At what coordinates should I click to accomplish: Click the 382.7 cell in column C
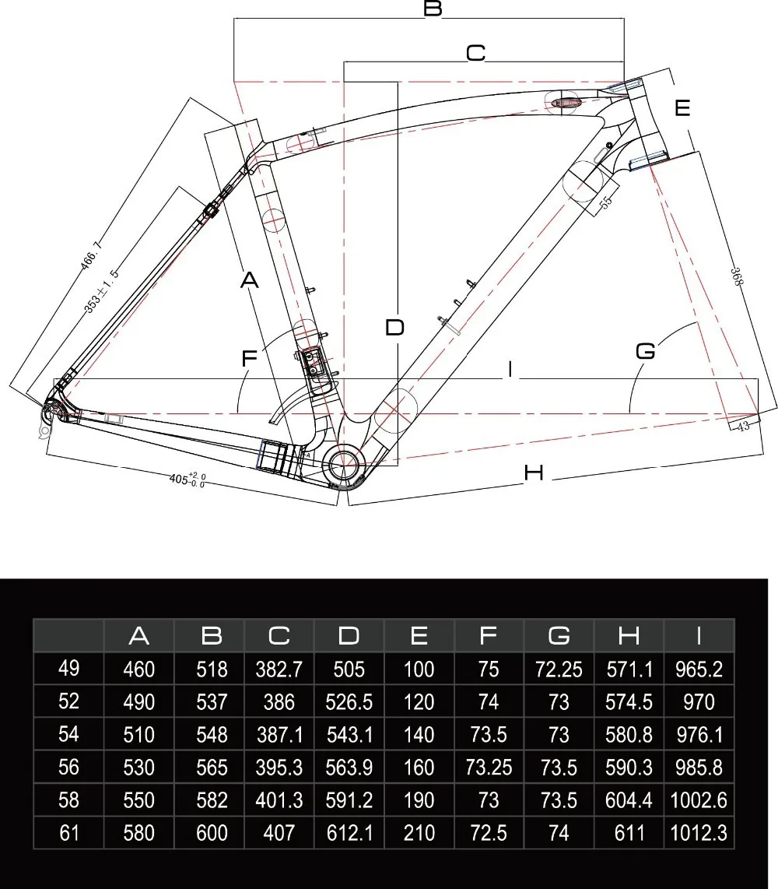[279, 669]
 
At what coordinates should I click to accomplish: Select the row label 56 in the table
[68, 768]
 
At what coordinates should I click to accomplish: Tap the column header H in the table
[629, 636]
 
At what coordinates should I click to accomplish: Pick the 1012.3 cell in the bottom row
[699, 834]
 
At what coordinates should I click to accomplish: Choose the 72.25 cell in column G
[559, 669]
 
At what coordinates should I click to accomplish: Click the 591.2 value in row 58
[349, 801]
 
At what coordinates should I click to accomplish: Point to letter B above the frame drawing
[433, 9]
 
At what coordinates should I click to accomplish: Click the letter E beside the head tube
[682, 108]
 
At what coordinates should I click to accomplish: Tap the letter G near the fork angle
[646, 351]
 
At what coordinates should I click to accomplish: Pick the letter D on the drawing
[395, 328]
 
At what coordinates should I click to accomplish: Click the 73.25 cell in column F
[489, 768]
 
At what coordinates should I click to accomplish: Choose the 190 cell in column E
[419, 801]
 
